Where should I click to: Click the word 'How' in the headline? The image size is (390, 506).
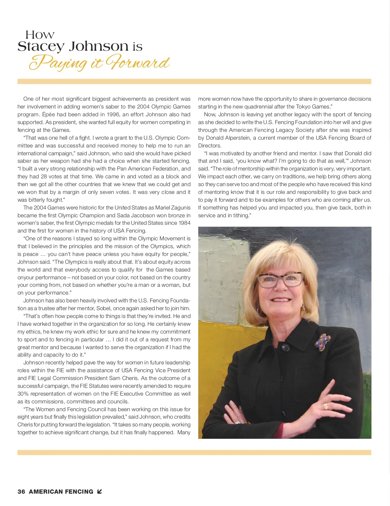coord(40,35)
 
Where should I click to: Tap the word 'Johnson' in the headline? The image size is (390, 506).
coord(98,46)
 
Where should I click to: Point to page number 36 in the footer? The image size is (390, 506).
coord(21,492)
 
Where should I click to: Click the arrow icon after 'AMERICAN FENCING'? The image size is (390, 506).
coord(99,492)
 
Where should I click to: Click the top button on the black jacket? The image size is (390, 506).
coord(286,348)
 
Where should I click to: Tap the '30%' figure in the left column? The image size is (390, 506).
coord(23,394)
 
